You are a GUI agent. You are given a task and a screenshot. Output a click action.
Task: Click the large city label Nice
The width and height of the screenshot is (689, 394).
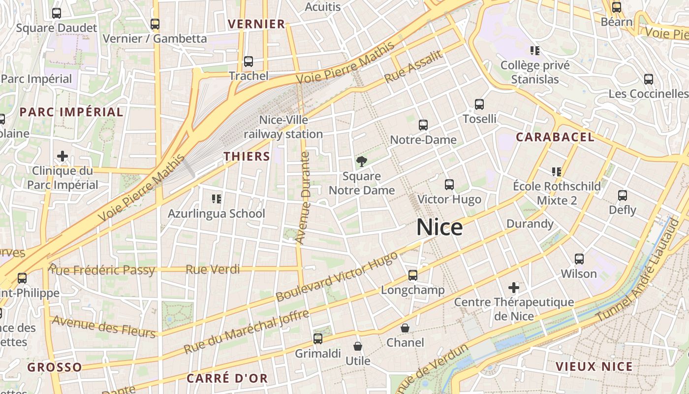pos(439,228)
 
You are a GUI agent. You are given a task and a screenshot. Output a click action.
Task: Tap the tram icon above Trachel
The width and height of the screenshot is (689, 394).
pos(249,62)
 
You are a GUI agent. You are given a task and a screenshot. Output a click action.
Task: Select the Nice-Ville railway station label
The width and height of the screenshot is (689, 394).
pos(283,127)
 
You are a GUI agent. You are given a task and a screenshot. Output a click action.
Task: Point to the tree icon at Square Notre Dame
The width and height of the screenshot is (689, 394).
pos(362,161)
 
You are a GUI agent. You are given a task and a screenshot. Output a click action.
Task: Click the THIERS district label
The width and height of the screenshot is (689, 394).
pos(247,157)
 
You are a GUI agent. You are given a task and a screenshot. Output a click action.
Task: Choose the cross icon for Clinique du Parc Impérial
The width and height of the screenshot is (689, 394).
pos(63,157)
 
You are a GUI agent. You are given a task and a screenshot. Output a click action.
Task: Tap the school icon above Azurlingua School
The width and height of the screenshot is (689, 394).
pos(217,198)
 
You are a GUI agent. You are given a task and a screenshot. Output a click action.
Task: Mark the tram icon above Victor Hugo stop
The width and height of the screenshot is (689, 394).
pos(449,185)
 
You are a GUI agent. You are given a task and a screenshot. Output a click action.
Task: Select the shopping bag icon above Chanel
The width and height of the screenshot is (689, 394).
pos(405,328)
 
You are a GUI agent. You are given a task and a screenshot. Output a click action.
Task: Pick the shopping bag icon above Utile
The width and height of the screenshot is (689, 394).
pos(358,347)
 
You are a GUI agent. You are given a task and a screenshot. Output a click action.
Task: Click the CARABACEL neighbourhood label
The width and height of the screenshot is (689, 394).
pos(555,137)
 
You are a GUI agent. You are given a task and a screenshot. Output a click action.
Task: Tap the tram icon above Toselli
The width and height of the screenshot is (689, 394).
pos(479,104)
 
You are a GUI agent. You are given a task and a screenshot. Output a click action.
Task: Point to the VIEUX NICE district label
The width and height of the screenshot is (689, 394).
pos(594,366)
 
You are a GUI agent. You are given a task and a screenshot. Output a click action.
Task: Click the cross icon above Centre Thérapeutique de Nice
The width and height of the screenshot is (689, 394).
pos(514,287)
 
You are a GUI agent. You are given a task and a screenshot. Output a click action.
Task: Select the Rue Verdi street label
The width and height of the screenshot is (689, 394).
pos(213,269)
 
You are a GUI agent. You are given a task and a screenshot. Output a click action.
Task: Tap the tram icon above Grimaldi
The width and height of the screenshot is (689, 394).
pos(318,339)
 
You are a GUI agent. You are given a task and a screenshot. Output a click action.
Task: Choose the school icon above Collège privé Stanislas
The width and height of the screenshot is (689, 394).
pos(535,50)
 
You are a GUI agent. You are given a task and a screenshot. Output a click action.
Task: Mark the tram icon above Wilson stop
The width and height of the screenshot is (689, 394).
pos(579,259)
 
